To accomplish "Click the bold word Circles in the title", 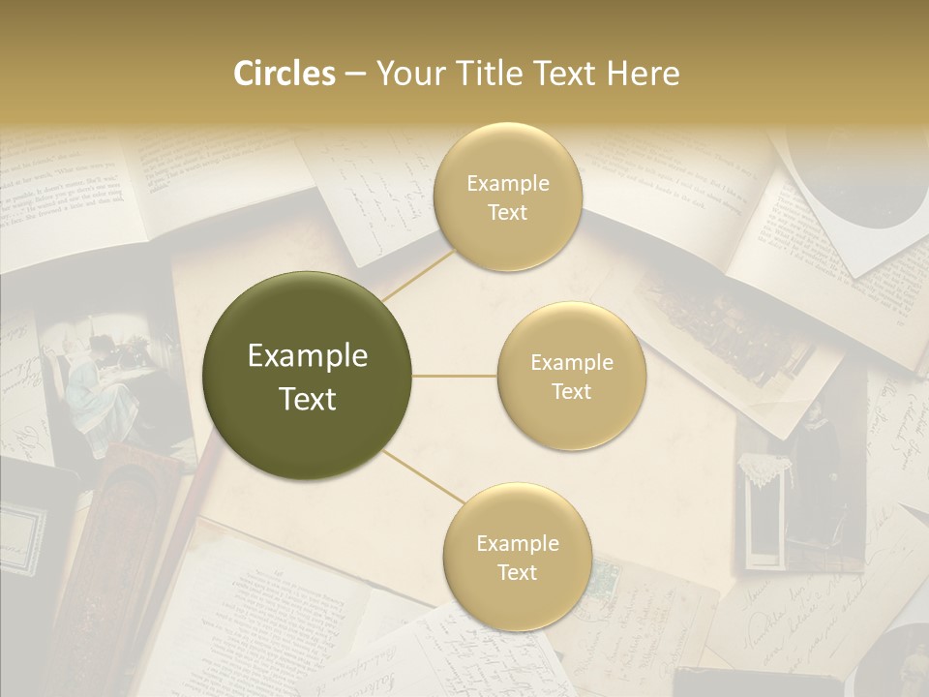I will (284, 74).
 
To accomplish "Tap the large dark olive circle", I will (308, 376).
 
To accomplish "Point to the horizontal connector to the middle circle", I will (455, 376).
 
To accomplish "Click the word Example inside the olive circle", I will (308, 356).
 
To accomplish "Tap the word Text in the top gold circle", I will (507, 212).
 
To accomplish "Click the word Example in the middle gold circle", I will (571, 363).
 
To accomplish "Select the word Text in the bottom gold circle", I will (517, 572).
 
